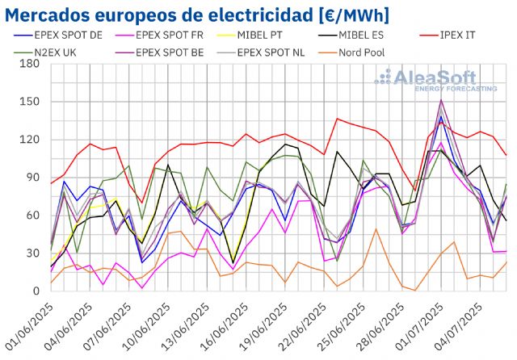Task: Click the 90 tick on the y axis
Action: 32,178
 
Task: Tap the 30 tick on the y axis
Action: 32,253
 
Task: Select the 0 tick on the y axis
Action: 36,291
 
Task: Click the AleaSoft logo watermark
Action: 437,81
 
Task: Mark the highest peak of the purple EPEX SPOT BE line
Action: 441,100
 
